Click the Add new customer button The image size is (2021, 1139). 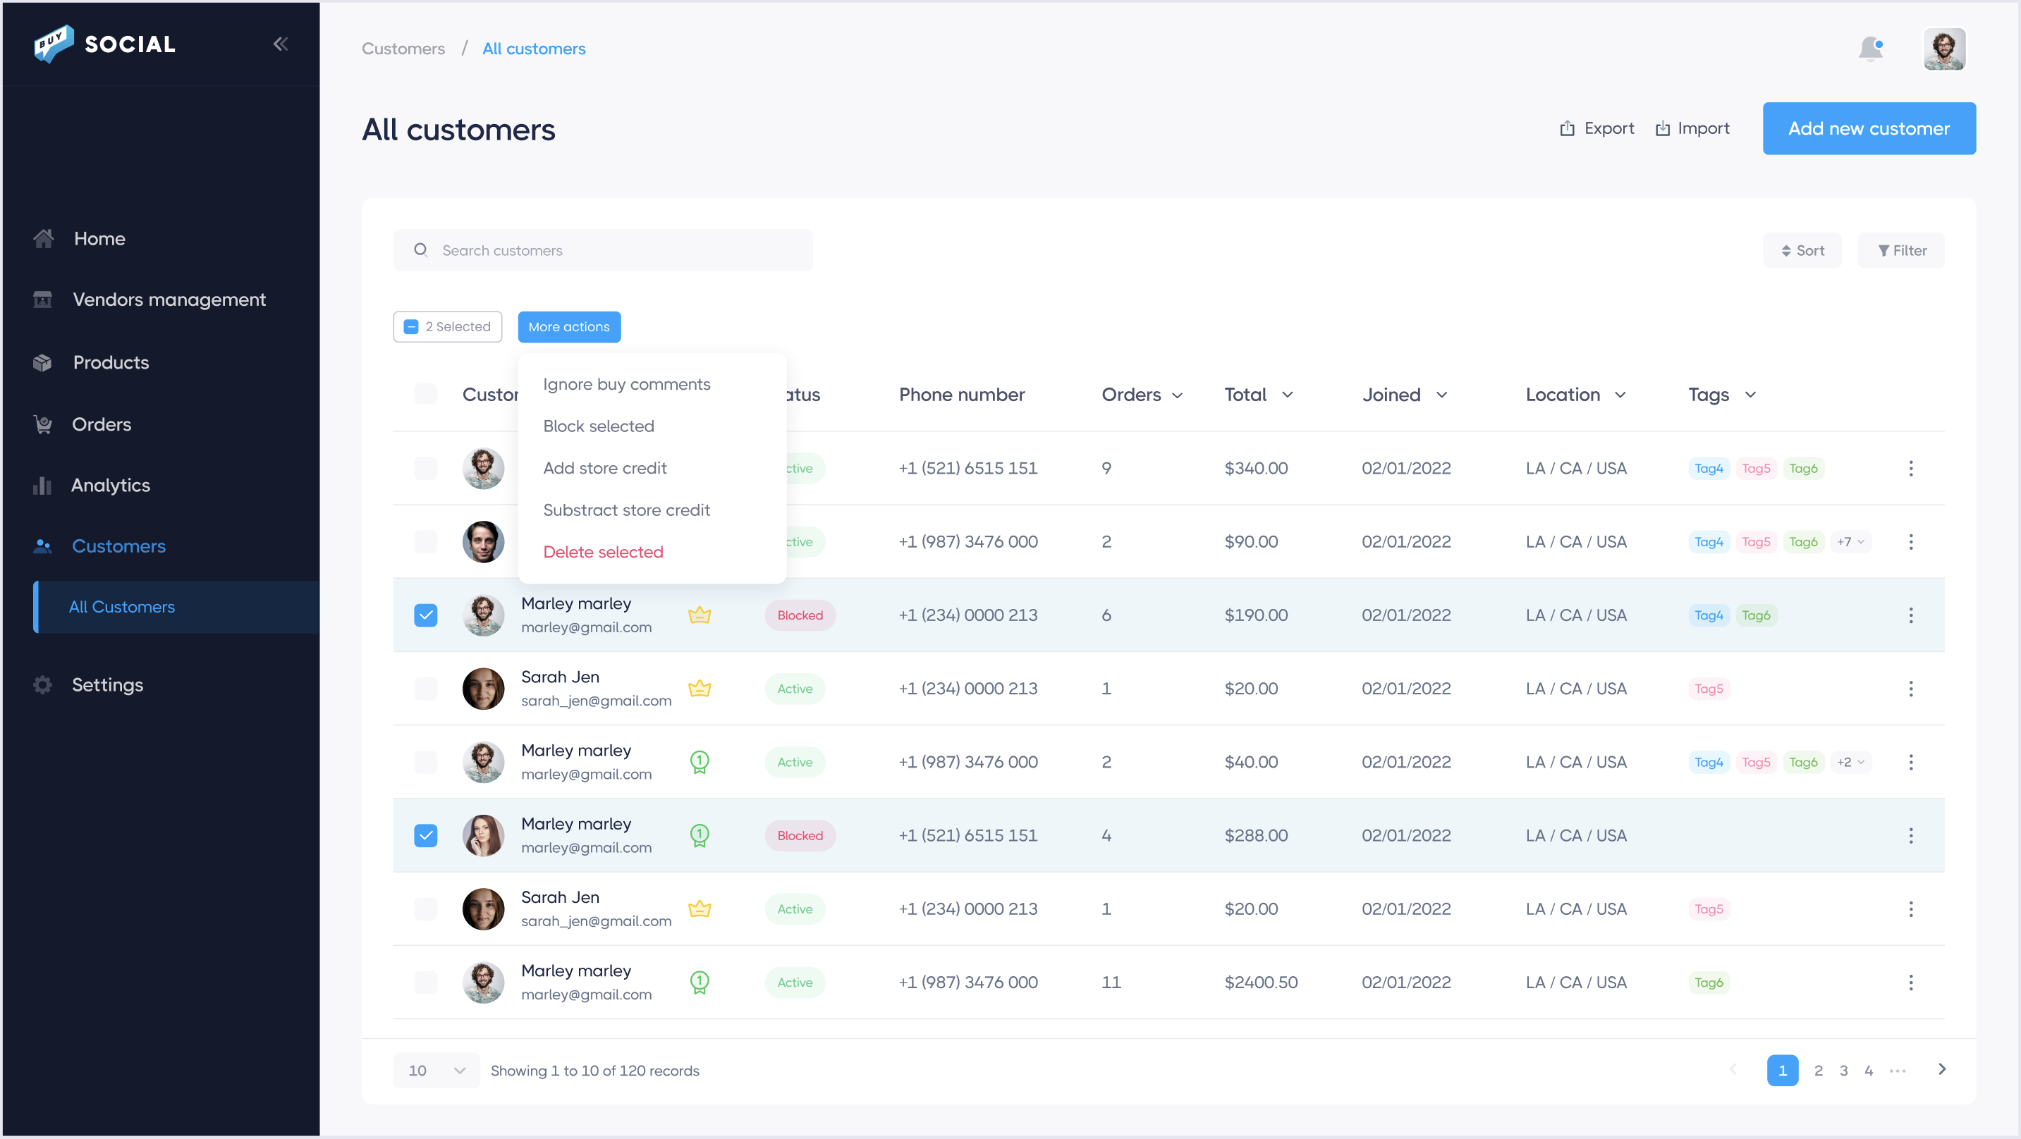click(x=1868, y=129)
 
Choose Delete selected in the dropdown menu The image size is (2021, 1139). click(x=602, y=553)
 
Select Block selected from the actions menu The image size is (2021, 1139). click(x=598, y=426)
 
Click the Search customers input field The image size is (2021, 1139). click(x=602, y=250)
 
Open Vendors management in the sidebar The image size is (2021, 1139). click(x=169, y=300)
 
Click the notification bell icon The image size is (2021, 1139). click(x=1869, y=49)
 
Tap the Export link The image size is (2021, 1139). click(x=1596, y=129)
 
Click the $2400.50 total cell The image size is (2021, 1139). click(x=1260, y=982)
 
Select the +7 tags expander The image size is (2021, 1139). click(x=1850, y=542)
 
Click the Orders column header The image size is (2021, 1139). click(x=1141, y=395)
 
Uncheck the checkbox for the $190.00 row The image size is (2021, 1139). click(x=425, y=615)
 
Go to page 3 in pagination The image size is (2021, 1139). click(x=1843, y=1071)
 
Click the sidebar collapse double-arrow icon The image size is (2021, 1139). click(x=280, y=44)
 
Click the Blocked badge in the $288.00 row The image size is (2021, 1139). click(x=800, y=835)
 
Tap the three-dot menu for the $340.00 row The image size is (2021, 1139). click(x=1910, y=468)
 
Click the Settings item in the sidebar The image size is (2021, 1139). click(x=107, y=685)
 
